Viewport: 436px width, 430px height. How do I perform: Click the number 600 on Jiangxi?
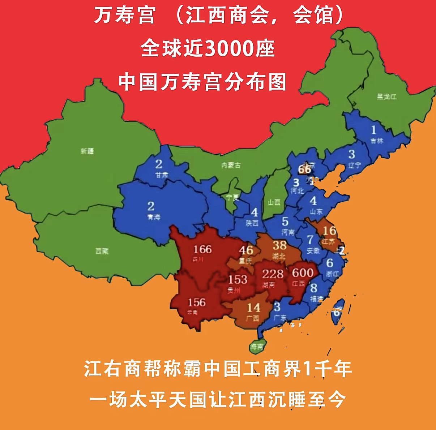point(303,272)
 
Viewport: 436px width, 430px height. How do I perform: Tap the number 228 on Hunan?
point(273,274)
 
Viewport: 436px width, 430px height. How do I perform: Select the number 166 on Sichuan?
point(202,249)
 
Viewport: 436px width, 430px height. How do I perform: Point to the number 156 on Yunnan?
point(197,302)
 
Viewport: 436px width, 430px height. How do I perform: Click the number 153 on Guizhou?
point(238,279)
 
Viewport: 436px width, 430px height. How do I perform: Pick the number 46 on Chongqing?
point(246,250)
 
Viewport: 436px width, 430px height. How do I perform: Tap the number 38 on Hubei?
point(279,245)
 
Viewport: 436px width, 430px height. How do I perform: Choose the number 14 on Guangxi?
point(253,308)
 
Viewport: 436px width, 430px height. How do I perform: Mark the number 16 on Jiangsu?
point(329,231)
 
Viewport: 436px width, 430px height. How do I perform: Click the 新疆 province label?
point(87,151)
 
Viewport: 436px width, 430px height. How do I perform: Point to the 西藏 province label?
point(102,251)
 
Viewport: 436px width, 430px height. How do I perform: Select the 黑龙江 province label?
point(386,97)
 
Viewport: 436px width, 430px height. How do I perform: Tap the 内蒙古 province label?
point(231,165)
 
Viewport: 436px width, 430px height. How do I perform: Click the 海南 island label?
point(257,348)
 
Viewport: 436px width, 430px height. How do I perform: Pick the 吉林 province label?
point(376,141)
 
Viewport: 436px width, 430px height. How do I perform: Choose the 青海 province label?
point(153,217)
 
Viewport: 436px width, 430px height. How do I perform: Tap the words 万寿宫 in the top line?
point(125,16)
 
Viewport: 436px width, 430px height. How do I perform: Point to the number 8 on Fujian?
point(313,288)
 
